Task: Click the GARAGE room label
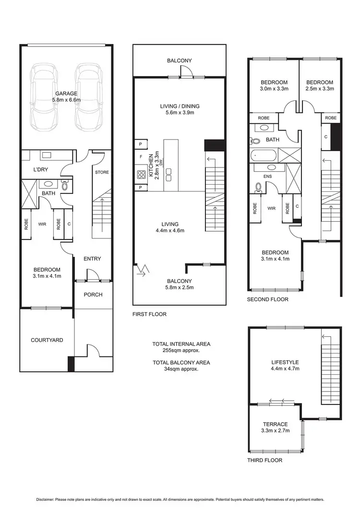pos(66,94)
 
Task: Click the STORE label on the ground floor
pos(102,172)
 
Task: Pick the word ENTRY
pos(92,259)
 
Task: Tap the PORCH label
pos(93,295)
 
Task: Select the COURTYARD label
pos(47,340)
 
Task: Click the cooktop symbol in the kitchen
pos(142,175)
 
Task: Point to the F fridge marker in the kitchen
pos(141,157)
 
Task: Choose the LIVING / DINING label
pos(180,107)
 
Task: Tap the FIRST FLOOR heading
pos(149,315)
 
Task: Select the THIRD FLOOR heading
pos(264,460)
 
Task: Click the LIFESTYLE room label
pos(285,362)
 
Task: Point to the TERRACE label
pos(275,425)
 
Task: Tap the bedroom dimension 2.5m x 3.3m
pos(320,89)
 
